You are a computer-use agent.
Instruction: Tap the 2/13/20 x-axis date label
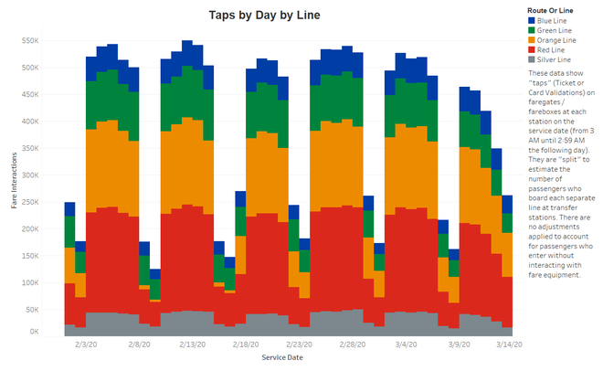(191, 345)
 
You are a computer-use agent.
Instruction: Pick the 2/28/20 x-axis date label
(354, 345)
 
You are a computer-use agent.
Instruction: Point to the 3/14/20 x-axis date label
(511, 345)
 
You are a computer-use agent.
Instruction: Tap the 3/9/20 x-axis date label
(460, 345)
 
